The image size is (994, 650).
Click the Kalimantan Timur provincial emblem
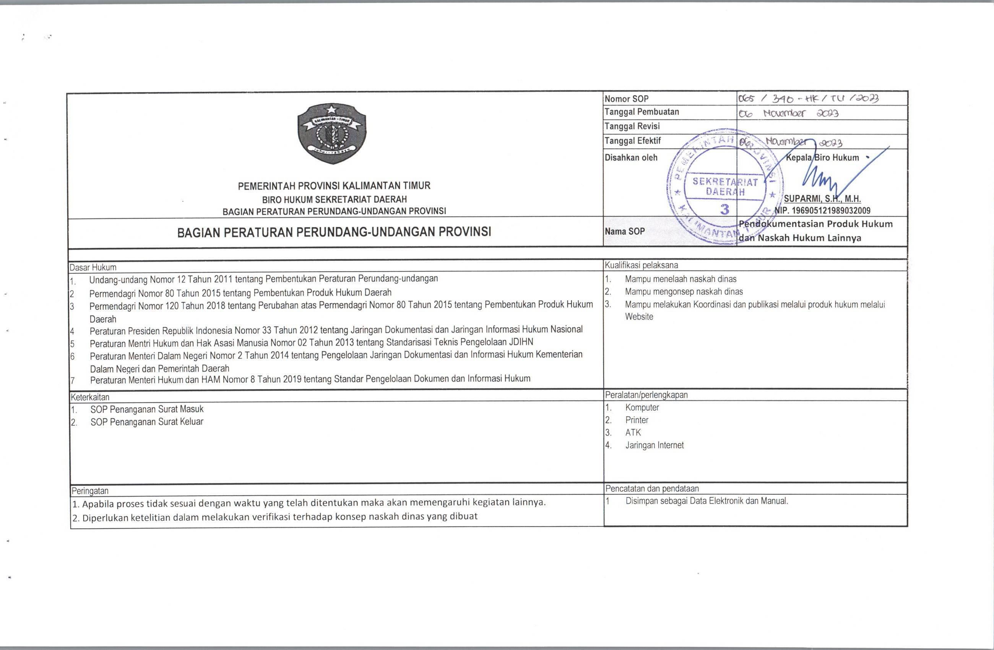[x=331, y=133]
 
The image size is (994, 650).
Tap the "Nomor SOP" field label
[x=627, y=99]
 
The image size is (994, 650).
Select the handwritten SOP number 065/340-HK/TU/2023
[x=808, y=99]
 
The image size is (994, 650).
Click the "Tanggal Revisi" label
[x=632, y=126]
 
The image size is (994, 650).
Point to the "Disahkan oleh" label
[x=631, y=158]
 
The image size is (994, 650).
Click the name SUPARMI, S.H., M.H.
[x=822, y=199]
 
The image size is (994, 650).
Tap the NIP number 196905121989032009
[x=822, y=211]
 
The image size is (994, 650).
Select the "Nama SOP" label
[x=625, y=231]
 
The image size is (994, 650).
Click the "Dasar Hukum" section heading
[x=93, y=267]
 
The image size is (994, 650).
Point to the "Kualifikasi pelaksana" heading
[x=641, y=265]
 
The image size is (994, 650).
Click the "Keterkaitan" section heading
[x=90, y=397]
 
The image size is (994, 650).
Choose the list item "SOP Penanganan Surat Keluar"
[x=146, y=422]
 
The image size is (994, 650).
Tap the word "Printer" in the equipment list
[x=637, y=420]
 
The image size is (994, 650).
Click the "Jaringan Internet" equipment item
[x=654, y=445]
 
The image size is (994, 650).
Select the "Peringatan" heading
[x=90, y=491]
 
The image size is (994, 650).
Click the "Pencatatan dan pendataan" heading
[x=651, y=488]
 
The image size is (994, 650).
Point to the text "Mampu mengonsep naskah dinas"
[x=684, y=292]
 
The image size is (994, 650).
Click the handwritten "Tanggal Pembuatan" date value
[x=788, y=113]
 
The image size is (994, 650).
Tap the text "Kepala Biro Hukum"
[x=822, y=158]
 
